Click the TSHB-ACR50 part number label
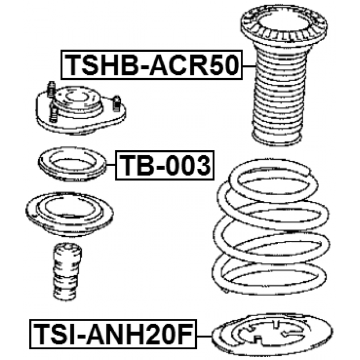152,65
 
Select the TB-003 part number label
165,165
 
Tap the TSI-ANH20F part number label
113,334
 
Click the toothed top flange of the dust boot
283,25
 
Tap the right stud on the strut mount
117,103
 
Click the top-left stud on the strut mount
51,89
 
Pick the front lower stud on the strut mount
53,113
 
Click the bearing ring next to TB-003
73,164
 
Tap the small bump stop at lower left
67,271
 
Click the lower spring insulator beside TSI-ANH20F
272,335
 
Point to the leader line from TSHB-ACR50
249,66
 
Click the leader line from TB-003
111,165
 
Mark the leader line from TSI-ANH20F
204,336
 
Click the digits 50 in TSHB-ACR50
224,65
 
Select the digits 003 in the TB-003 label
188,165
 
